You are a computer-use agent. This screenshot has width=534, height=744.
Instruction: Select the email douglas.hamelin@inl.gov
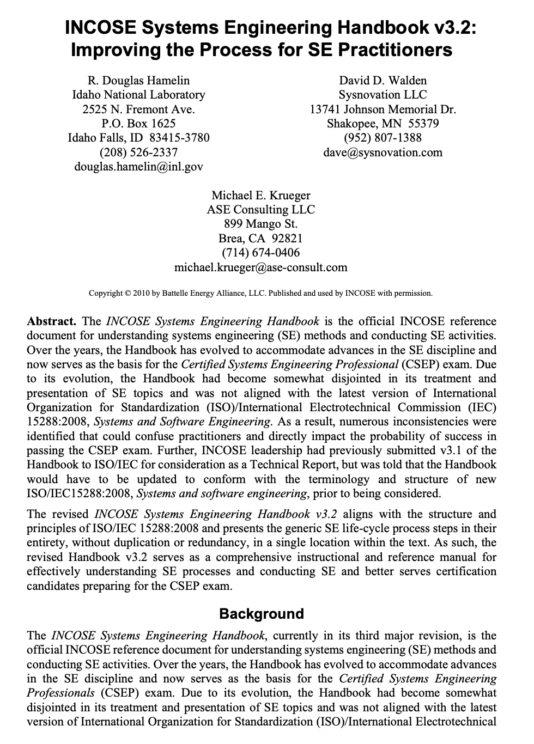pos(138,167)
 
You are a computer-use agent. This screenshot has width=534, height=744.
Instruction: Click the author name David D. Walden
pos(383,81)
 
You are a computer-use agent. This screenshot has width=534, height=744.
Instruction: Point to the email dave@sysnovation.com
pos(383,153)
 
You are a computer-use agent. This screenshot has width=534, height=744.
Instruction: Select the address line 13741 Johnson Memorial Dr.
pos(383,109)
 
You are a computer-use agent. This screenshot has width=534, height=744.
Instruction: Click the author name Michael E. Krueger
pos(260,195)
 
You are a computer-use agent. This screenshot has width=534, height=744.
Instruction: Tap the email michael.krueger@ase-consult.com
pos(260,267)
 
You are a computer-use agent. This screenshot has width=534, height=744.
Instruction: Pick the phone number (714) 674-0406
pos(260,253)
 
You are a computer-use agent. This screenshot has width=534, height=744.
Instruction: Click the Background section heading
pos(261,614)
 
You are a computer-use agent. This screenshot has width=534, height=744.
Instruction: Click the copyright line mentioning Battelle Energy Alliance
pos(260,294)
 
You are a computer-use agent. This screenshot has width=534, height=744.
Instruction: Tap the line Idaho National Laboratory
pos(138,95)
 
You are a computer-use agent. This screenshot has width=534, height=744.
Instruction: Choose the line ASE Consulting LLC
pos(260,210)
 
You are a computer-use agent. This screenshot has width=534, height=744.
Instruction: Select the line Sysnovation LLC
pos(383,95)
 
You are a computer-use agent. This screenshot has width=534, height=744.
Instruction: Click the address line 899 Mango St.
pos(260,224)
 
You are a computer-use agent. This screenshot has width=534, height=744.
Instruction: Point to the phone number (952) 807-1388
pos(383,138)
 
